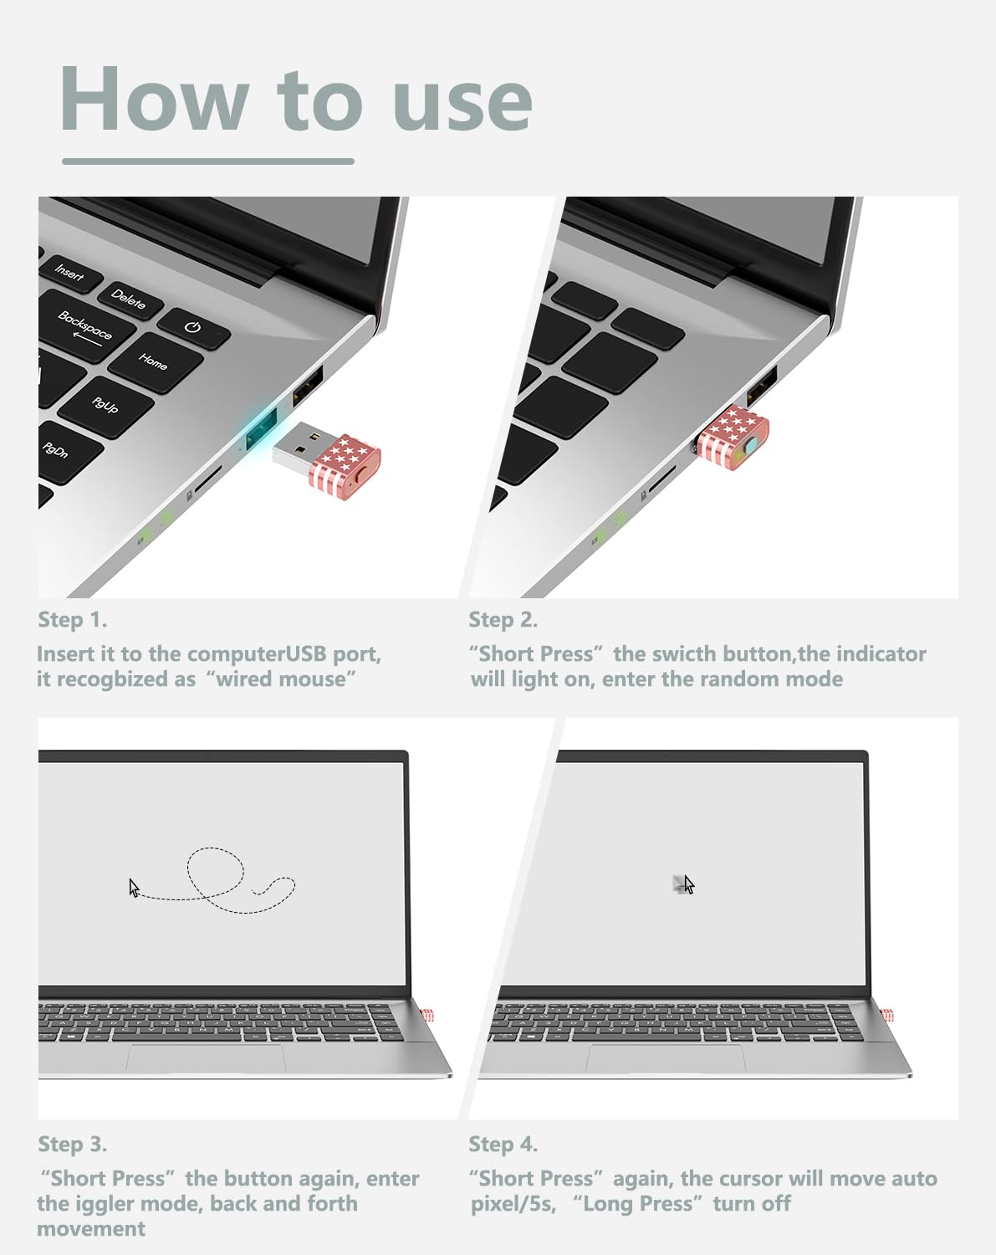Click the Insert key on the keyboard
click(x=71, y=273)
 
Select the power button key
click(x=194, y=328)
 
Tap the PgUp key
click(x=106, y=405)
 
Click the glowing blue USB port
click(x=261, y=428)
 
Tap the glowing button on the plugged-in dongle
click(x=751, y=447)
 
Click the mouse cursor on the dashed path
click(x=134, y=889)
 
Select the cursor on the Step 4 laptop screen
click(x=689, y=884)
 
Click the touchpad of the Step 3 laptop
click(x=206, y=1058)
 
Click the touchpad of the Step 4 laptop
click(x=666, y=1058)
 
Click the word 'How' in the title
click(x=155, y=99)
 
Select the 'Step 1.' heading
click(x=72, y=620)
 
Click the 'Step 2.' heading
click(x=503, y=620)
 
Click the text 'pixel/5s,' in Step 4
click(x=513, y=1204)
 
